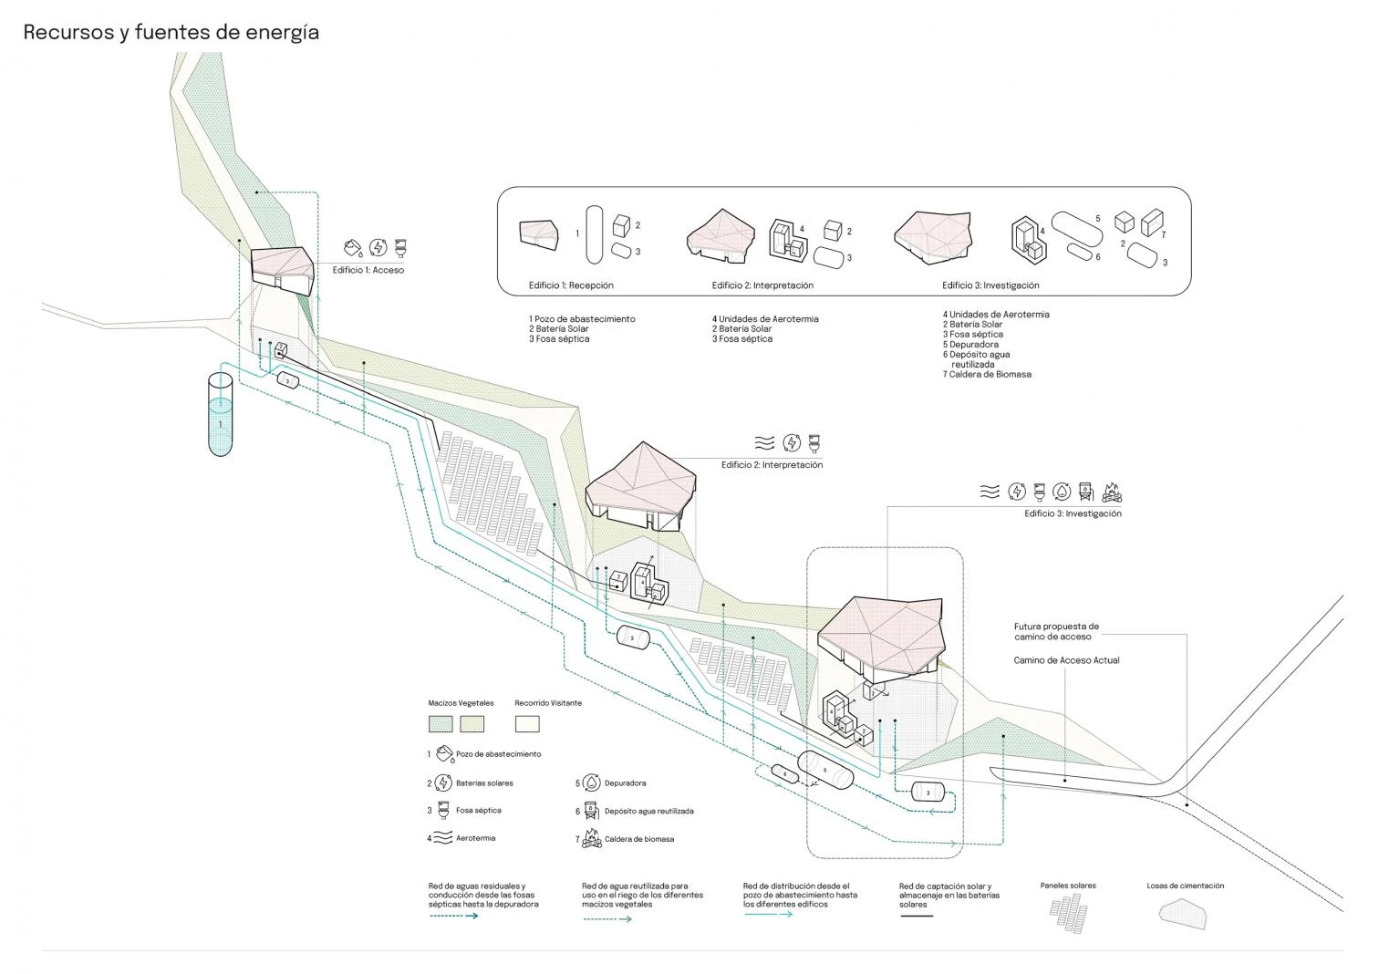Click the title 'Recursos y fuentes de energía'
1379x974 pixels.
[171, 33]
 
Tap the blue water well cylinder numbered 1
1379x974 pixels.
[220, 415]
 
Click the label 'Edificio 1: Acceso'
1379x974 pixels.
[368, 270]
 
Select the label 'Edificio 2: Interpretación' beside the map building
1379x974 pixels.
[772, 465]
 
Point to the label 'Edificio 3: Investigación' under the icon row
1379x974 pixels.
[1073, 513]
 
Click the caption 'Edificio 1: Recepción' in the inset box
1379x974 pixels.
[571, 285]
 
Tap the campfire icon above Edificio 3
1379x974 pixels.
[1111, 492]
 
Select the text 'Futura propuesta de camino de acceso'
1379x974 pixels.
[1056, 631]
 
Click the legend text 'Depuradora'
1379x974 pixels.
[625, 782]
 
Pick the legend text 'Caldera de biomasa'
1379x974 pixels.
[639, 839]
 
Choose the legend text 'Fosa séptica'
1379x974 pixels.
[478, 810]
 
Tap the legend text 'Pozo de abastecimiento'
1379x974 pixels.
[498, 754]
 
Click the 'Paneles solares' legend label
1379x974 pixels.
[1068, 886]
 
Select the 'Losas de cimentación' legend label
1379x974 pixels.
[1185, 886]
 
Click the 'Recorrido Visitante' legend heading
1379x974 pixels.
[547, 703]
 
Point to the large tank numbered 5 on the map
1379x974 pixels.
[824, 771]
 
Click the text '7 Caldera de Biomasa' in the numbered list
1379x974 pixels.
[987, 374]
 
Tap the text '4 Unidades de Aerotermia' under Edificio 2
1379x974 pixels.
[765, 319]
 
